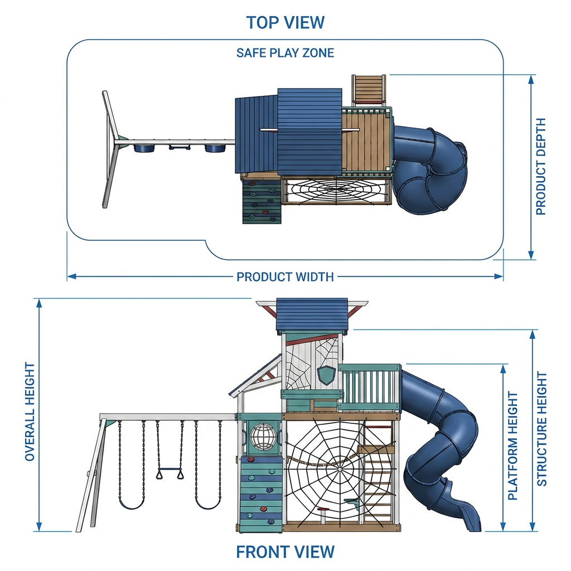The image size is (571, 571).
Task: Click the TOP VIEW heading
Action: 285,22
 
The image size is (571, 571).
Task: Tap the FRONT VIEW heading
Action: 285,551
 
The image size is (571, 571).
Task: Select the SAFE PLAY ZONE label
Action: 285,53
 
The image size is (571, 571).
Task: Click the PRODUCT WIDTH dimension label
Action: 285,277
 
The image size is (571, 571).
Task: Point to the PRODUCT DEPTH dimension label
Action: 541,166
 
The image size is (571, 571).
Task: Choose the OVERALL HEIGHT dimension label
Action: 30,412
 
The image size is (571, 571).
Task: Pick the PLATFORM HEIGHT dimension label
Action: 513,446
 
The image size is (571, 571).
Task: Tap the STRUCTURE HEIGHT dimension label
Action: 542,429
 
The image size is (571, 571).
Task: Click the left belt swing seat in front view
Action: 131,505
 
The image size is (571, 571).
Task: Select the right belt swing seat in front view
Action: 208,505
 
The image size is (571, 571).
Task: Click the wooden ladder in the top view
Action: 368,90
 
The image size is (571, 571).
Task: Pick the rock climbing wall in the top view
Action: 262,202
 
